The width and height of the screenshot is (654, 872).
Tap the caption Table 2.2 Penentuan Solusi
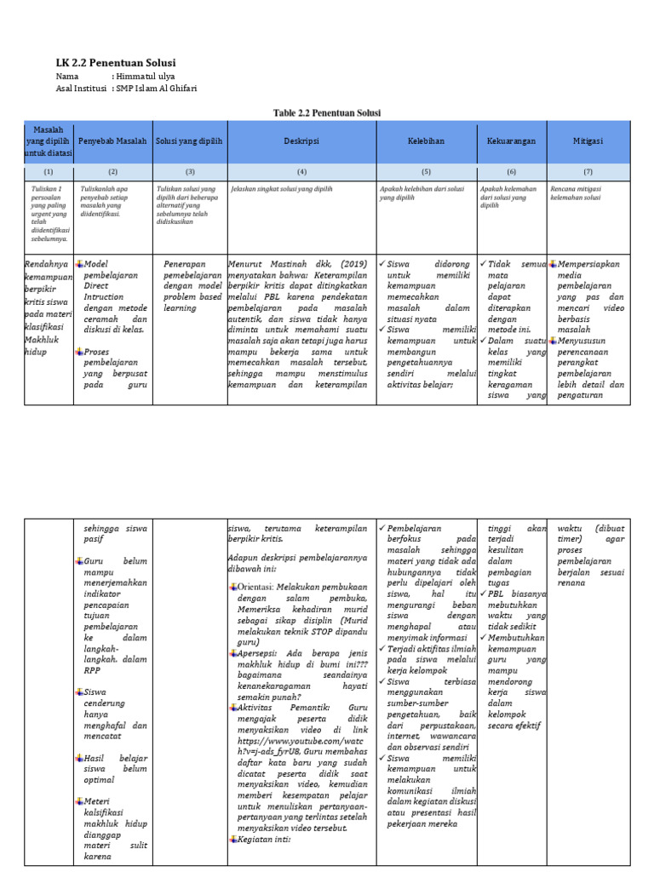pyautogui.click(x=326, y=112)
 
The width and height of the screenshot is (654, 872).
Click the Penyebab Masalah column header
pyautogui.click(x=112, y=141)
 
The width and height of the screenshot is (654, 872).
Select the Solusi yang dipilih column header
pyautogui.click(x=189, y=141)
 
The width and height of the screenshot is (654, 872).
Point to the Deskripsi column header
pyautogui.click(x=301, y=141)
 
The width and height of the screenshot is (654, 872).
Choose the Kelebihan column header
pyautogui.click(x=425, y=141)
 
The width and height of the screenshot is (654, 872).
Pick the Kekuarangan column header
pyautogui.click(x=511, y=141)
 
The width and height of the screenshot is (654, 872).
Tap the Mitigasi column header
pyautogui.click(x=588, y=141)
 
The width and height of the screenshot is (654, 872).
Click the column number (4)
pyautogui.click(x=301, y=171)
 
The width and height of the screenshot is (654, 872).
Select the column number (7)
pyautogui.click(x=588, y=171)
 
